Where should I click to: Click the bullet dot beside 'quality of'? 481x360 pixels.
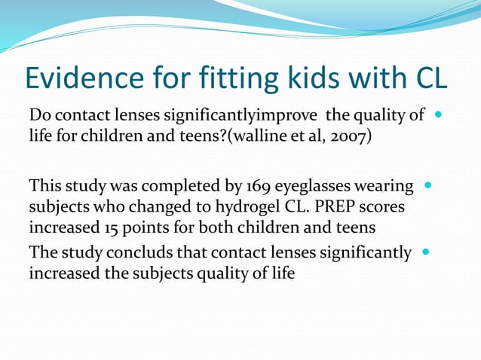click(439, 117)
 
